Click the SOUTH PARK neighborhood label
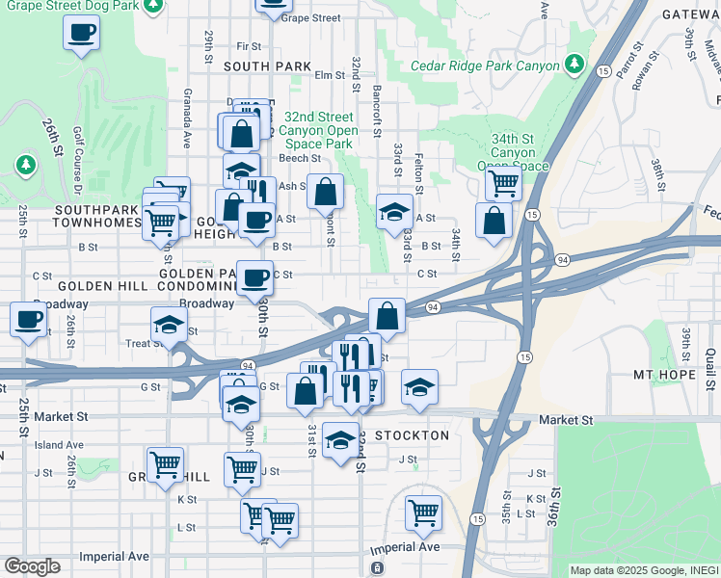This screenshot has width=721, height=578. click(267, 66)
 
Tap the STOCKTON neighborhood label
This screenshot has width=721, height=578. click(412, 435)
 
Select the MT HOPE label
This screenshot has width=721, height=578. click(664, 374)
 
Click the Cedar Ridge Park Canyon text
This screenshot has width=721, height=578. click(485, 66)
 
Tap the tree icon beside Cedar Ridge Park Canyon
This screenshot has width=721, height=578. click(574, 64)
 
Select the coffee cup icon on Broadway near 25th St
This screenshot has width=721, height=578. click(28, 319)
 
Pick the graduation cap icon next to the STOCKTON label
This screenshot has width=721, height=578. click(340, 440)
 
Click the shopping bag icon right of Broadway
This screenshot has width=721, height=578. click(387, 315)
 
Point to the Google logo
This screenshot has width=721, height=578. click(32, 566)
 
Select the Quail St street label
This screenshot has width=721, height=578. click(710, 366)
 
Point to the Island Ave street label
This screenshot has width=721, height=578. click(60, 445)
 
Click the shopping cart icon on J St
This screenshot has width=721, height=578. click(242, 469)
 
